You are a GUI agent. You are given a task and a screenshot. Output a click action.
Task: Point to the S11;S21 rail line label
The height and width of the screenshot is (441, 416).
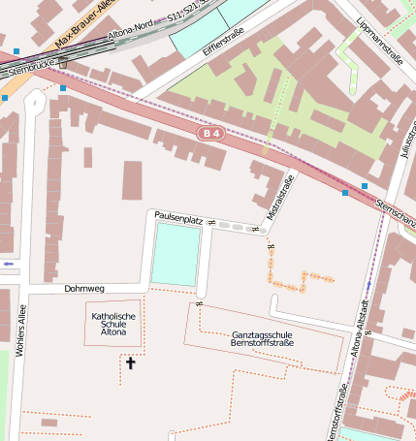coord(187,15)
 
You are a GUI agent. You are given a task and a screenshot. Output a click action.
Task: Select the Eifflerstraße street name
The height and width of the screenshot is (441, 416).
coord(224,47)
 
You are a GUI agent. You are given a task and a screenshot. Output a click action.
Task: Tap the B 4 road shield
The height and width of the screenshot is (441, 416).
coord(210,133)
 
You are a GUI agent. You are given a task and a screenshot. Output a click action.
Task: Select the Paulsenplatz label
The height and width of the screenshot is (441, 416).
coord(176,220)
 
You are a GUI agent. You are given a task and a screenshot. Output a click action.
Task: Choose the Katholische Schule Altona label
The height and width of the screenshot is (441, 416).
coord(113,324)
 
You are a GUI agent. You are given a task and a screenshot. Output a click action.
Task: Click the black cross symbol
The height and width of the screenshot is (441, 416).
coord(131,362)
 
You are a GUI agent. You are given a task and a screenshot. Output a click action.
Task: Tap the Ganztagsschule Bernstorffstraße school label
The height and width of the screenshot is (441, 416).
coord(263,341)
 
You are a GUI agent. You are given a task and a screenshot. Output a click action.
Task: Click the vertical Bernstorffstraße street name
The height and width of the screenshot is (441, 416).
coord(336,413)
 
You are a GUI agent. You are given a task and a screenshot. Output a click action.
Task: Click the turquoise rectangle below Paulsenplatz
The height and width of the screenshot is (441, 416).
coord(175,254)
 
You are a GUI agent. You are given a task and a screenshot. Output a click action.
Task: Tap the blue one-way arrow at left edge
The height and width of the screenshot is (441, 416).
coord(9,264)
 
